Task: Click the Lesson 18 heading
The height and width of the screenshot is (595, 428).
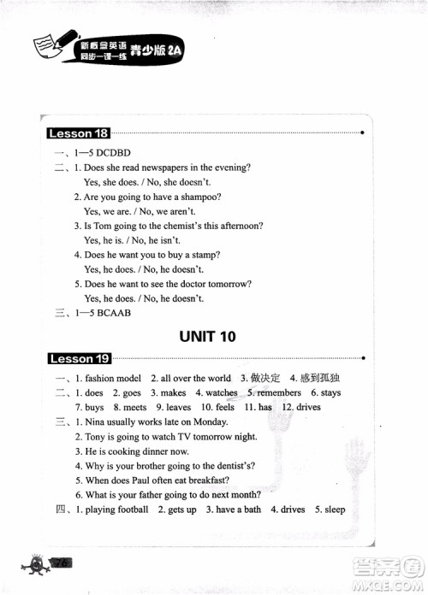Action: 79,133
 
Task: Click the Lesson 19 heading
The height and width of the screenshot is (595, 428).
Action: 79,358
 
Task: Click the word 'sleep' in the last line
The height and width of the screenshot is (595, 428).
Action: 335,510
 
